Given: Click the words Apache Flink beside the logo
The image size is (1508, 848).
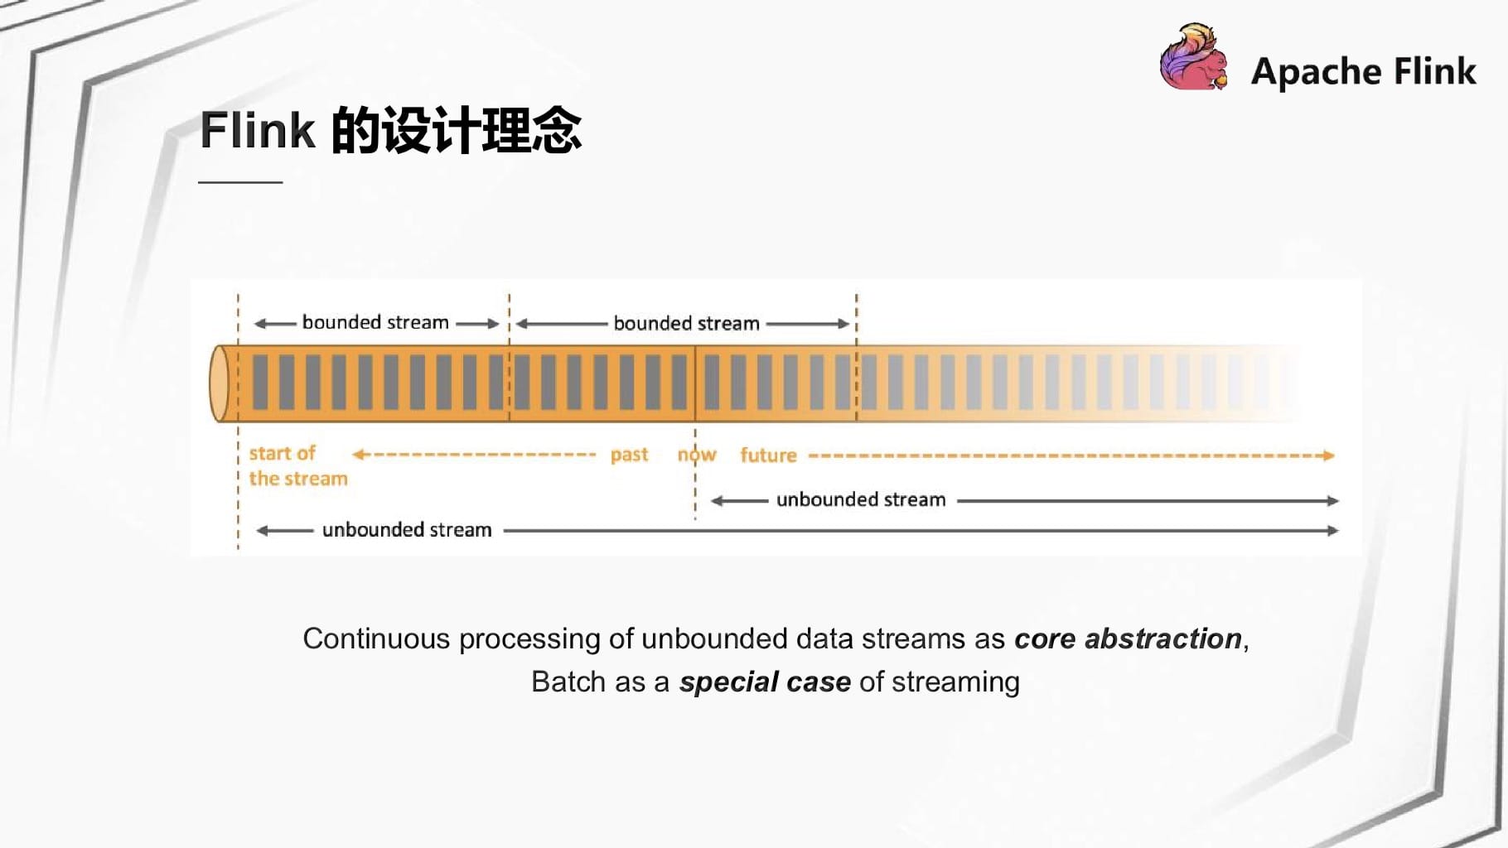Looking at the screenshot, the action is pos(1364,71).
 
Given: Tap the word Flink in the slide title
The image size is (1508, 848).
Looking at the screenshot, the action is pos(258,130).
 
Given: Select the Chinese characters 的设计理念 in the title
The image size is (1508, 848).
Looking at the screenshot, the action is pos(457,130).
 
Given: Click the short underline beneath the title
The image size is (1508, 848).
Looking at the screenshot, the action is pos(240,181).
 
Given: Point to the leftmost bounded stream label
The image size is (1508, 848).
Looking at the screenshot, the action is pos(375,322).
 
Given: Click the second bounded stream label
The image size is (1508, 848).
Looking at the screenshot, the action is pos(686,323).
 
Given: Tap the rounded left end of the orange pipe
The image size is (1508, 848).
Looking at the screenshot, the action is pos(220,383).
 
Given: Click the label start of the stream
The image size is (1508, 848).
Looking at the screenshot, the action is pos(298,465).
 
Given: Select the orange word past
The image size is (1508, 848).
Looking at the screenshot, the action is pos(629,455).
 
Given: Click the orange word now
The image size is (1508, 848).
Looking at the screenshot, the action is pos(697,455).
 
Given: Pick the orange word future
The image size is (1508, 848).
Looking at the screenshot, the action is pos(768,455).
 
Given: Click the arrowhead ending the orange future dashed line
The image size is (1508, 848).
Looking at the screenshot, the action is pos(1329,455).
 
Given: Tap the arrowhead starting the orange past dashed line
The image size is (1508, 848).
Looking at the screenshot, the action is pos(358,454).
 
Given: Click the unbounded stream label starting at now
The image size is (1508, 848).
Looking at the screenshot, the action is pos(861,499).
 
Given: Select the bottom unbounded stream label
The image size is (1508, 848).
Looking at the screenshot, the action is pos(407,529).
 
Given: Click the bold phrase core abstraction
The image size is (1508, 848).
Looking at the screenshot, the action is pos(1128,638).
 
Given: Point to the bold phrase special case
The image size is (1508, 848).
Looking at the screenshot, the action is pos(765,682).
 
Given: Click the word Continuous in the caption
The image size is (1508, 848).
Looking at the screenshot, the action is pos(376,638).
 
